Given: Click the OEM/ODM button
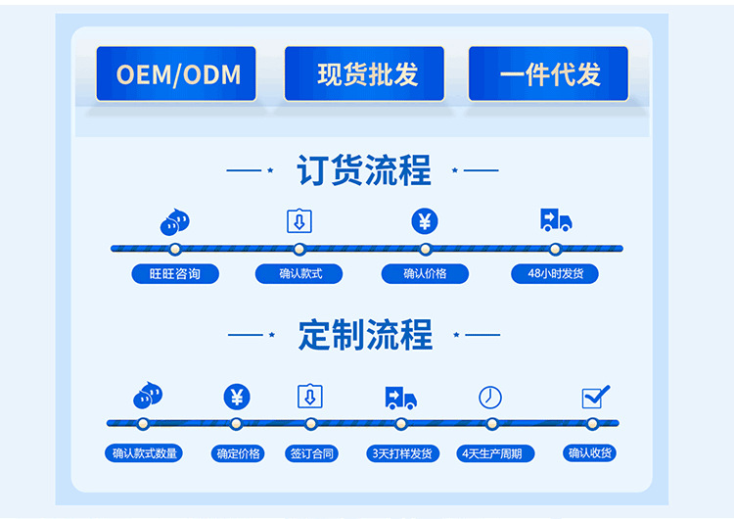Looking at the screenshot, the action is pyautogui.click(x=176, y=74).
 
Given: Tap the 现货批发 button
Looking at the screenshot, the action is pyautogui.click(x=364, y=74).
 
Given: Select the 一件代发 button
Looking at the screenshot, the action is pyautogui.click(x=548, y=74).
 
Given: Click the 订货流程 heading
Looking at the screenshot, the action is pyautogui.click(x=364, y=170).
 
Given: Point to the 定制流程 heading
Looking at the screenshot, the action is pyautogui.click(x=365, y=335).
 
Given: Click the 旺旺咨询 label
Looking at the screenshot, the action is pyautogui.click(x=175, y=274).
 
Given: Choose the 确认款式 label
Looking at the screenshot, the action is pyautogui.click(x=300, y=274).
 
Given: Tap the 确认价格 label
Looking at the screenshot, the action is pyautogui.click(x=425, y=274).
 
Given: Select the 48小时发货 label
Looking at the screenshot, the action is pyautogui.click(x=555, y=274).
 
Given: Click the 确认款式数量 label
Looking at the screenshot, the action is pyautogui.click(x=145, y=453).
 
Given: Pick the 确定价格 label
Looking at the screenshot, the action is pyautogui.click(x=237, y=453).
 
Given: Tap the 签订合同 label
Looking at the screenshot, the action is pyautogui.click(x=312, y=453).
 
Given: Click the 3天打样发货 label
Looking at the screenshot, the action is pyautogui.click(x=401, y=453).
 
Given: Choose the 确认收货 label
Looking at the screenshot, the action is pyautogui.click(x=591, y=453).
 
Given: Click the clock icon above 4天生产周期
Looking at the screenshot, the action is pyautogui.click(x=490, y=397).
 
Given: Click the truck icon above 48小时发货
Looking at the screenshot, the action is pyautogui.click(x=555, y=220).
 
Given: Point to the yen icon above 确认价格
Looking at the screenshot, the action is pyautogui.click(x=425, y=221).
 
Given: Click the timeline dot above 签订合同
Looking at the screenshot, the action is pyautogui.click(x=311, y=424).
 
